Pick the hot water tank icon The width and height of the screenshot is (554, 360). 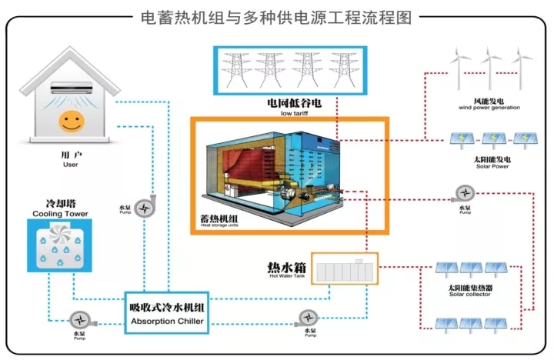pyautogui.click(x=344, y=269)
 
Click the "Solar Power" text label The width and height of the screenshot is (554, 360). pyautogui.click(x=492, y=163)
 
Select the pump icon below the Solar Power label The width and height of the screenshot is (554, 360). pyautogui.click(x=464, y=194)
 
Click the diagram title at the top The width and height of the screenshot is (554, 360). pyautogui.click(x=277, y=15)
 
